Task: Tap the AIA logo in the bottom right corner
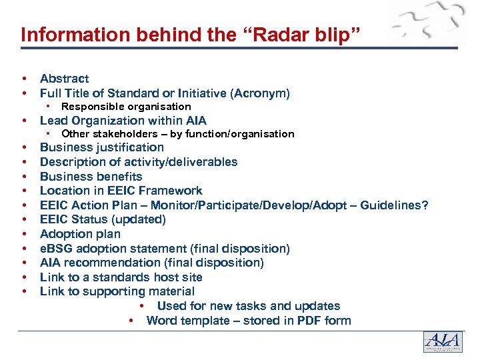point(442,341)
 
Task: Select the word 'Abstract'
point(64,79)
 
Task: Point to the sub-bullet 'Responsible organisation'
point(126,107)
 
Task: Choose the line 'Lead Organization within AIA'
point(123,121)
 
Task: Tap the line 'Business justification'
point(101,147)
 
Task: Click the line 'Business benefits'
point(91,177)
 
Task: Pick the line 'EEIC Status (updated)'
point(103,219)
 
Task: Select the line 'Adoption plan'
point(80,234)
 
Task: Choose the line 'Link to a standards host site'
point(121,277)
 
